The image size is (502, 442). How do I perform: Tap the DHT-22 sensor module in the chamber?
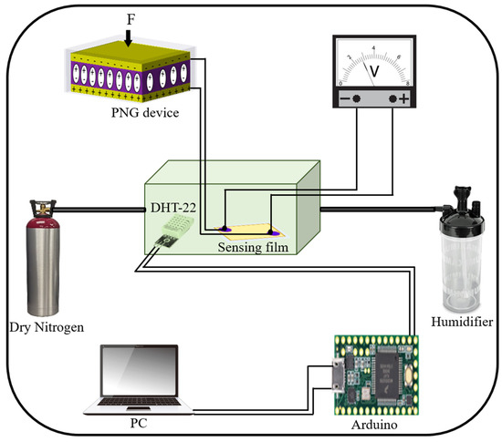point(164,240)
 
